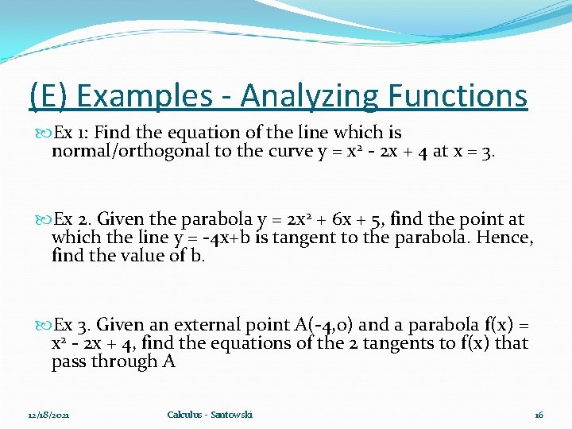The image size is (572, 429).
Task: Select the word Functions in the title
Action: click(x=458, y=97)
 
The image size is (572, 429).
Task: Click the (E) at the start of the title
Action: click(x=48, y=97)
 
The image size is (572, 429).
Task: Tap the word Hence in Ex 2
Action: click(x=505, y=238)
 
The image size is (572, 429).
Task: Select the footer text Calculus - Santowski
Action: click(x=210, y=415)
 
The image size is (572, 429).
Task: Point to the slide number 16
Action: click(x=539, y=415)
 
